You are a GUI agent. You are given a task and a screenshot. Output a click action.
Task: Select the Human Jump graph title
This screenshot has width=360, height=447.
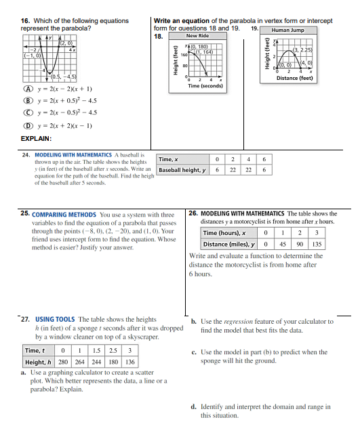coord(287,30)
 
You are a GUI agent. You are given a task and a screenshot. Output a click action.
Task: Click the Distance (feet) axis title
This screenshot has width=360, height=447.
coord(295,78)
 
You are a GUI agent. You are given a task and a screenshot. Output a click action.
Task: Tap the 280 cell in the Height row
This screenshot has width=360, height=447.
coord(62,362)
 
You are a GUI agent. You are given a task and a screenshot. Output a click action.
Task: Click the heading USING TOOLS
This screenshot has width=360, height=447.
coord(56,319)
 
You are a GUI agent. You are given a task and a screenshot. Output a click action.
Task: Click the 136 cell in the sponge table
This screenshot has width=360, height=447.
coord(129,362)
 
